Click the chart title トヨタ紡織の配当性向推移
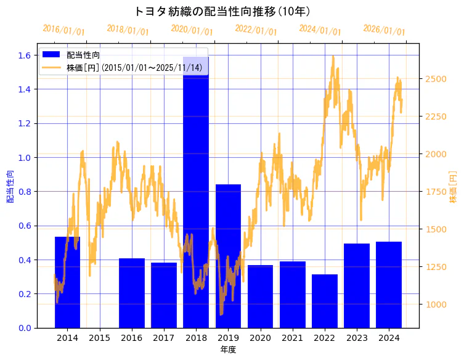[x=221, y=12]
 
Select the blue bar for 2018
[x=196, y=197]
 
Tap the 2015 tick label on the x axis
[x=99, y=338]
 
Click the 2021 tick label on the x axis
[x=292, y=338]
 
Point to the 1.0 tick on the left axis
[x=24, y=157]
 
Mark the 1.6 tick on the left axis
[x=24, y=55]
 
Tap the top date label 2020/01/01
[x=192, y=30]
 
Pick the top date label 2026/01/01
[x=384, y=30]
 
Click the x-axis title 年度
[x=228, y=350]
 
